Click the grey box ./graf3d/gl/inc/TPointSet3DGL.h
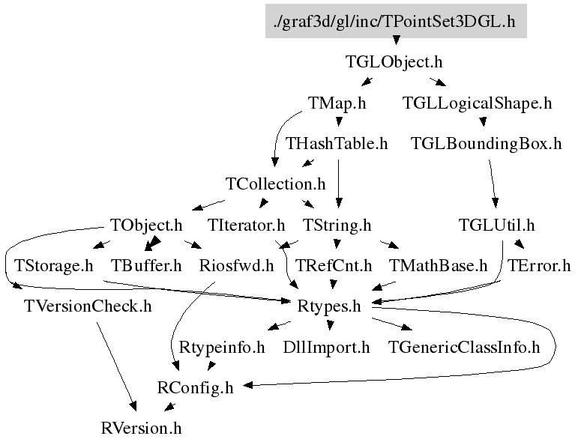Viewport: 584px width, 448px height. pos(396,20)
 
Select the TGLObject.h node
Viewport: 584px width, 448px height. pos(394,61)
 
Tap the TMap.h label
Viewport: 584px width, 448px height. pos(337,103)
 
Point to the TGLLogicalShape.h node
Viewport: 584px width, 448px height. pos(477,103)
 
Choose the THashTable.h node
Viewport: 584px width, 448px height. pos(337,143)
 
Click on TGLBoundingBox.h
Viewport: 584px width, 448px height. pos(486,143)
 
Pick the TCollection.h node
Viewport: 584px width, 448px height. pos(275,184)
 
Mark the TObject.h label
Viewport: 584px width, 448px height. pos(146,224)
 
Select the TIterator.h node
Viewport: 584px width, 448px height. pos(247,224)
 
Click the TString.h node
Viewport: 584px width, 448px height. pos(337,224)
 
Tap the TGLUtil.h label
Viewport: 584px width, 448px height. pos(496,224)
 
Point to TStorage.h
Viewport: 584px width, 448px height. pos(53,265)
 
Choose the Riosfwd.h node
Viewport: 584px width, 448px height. pos(236,265)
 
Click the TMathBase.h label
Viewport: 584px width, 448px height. pos(439,265)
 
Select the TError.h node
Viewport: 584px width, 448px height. pos(539,265)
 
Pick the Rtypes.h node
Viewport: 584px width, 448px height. pos(329,306)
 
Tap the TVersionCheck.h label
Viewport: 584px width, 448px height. pos(88,306)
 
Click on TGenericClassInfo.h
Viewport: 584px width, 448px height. pos(464,347)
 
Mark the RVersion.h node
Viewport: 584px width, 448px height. pos(141,429)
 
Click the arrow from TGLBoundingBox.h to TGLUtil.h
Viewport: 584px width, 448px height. pos(493,184)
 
